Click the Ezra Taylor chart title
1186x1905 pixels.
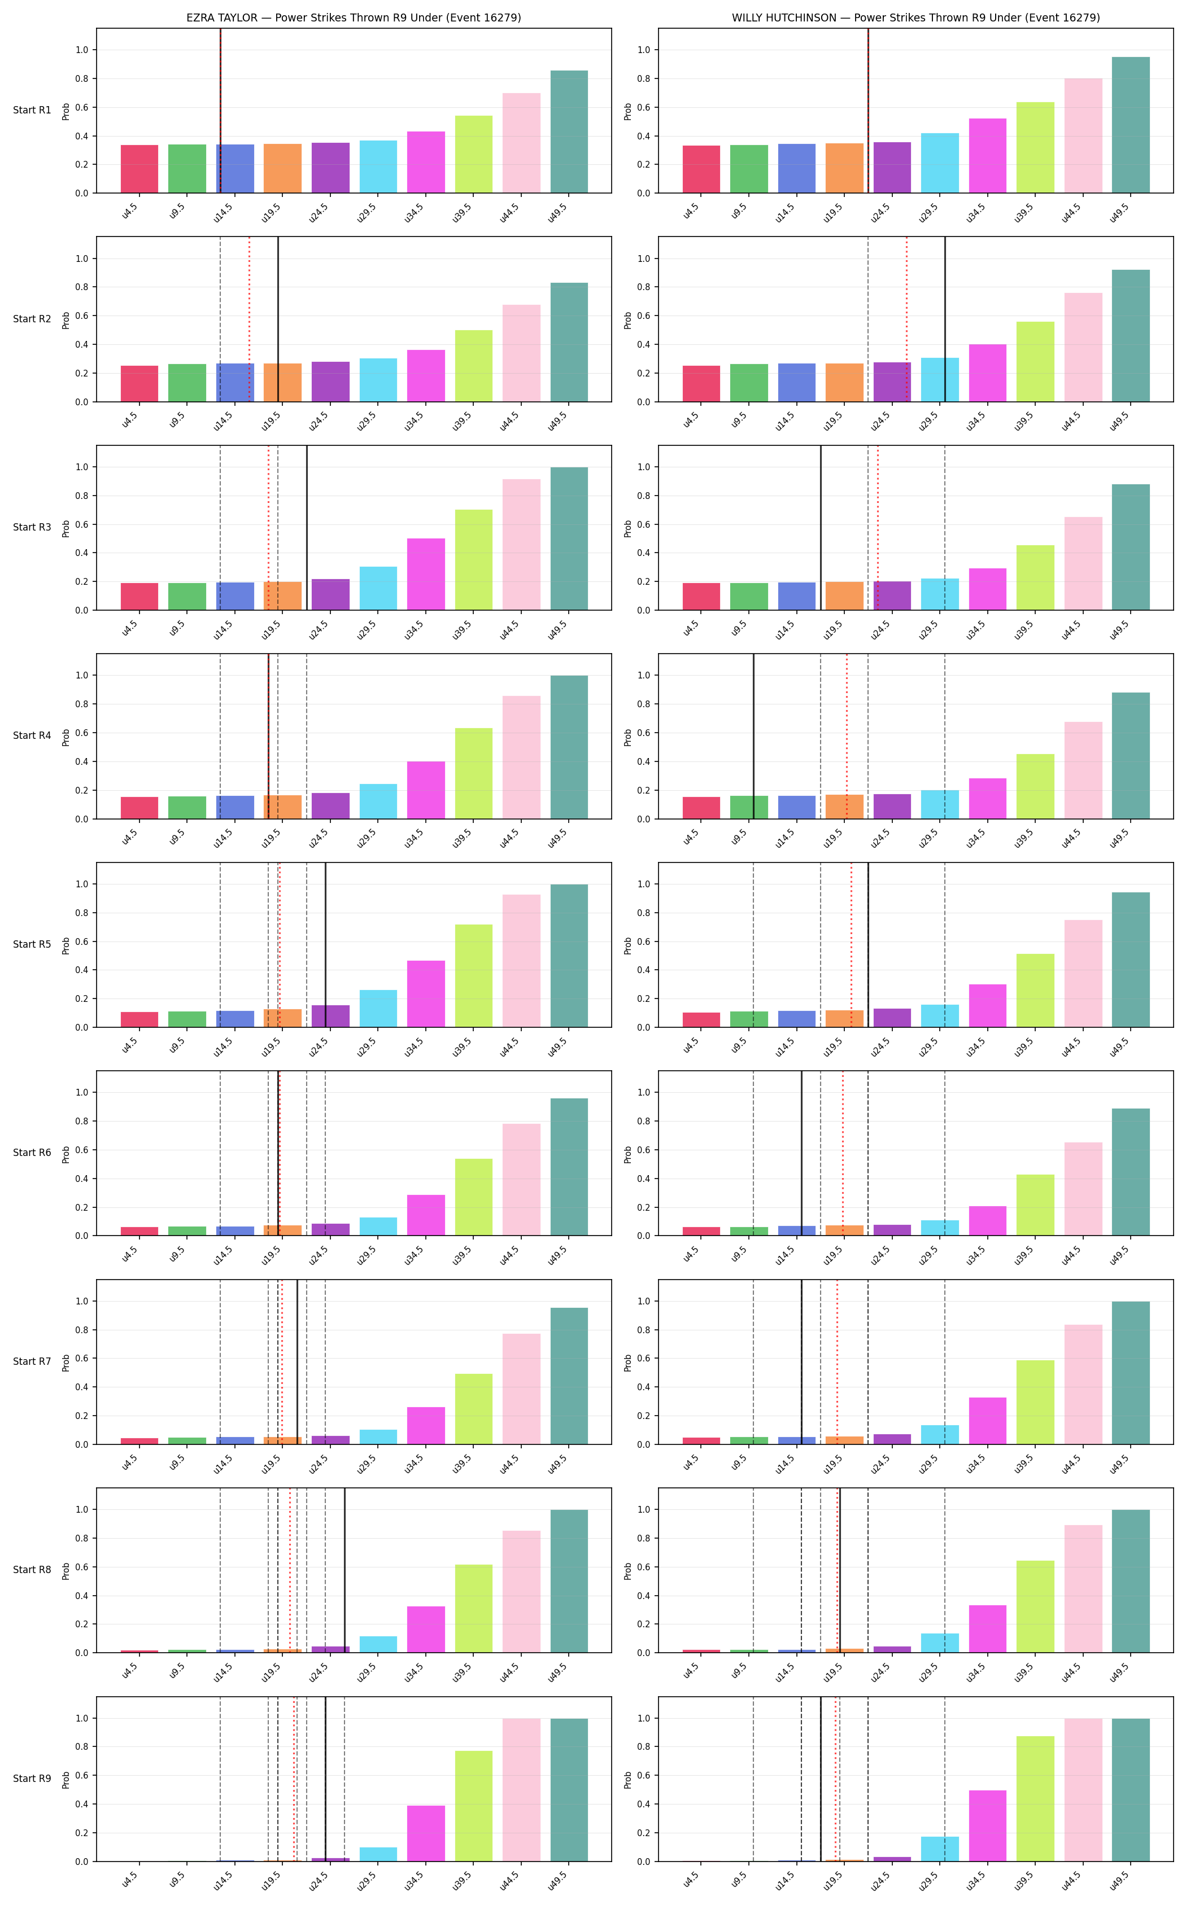tap(354, 17)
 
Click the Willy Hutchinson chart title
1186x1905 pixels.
tap(915, 17)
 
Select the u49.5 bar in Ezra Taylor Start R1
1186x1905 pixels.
tap(569, 132)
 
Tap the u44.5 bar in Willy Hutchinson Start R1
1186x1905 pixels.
tap(1083, 135)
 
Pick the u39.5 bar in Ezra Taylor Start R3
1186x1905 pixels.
tap(474, 560)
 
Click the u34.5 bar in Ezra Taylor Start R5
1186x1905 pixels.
tap(426, 993)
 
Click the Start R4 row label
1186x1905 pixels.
tap(32, 735)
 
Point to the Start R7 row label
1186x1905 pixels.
tap(32, 1361)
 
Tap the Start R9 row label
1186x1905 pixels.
tap(32, 1778)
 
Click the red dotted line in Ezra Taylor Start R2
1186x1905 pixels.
tap(250, 319)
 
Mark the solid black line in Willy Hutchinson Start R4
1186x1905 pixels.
tap(754, 736)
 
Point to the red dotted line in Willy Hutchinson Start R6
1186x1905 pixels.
tap(843, 1153)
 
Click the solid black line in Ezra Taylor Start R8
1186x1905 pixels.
tap(345, 1570)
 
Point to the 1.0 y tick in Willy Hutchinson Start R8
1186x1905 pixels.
tap(644, 1509)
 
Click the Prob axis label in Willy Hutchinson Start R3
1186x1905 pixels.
tap(627, 528)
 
